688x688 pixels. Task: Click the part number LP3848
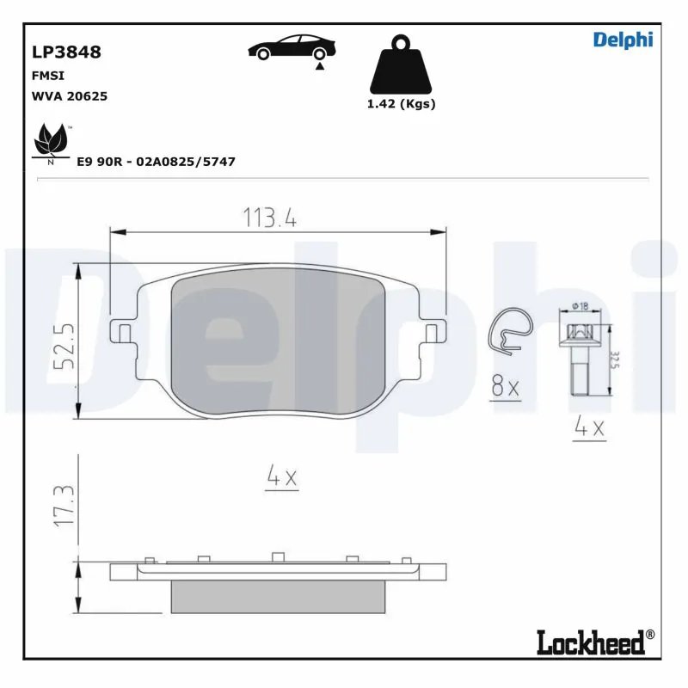click(66, 52)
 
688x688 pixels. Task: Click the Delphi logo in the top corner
click(623, 40)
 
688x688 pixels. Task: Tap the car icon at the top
click(292, 49)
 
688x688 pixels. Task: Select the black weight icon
click(401, 65)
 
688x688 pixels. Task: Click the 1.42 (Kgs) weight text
click(401, 103)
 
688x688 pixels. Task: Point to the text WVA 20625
click(69, 96)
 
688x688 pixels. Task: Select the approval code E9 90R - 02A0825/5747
click(156, 162)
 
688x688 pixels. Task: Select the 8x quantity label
click(506, 388)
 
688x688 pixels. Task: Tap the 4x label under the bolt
click(590, 427)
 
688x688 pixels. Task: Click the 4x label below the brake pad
click(281, 478)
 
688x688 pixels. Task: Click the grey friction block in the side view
click(278, 596)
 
